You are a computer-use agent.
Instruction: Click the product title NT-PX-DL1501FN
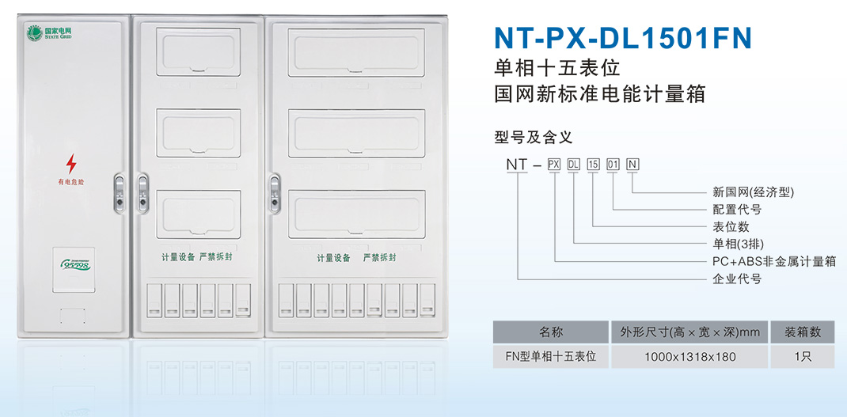coord(622,36)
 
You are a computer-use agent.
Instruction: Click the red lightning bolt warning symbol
coord(71,164)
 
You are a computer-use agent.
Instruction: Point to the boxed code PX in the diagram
coord(554,165)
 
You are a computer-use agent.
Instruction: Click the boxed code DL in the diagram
coord(574,165)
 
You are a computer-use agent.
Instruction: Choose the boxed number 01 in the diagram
coord(613,165)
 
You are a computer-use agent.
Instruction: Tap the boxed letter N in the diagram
coord(632,165)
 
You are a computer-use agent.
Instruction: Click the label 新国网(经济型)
coord(753,192)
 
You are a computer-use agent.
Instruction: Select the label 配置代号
coord(737,210)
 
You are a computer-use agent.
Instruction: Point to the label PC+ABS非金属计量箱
coord(774,261)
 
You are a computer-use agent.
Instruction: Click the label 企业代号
coord(737,279)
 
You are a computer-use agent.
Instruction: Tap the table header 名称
coord(550,332)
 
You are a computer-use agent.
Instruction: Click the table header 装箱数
coord(802,332)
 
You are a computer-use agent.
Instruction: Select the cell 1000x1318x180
coord(689,357)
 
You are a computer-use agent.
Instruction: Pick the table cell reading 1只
coord(802,357)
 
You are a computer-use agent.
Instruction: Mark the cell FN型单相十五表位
coord(550,357)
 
